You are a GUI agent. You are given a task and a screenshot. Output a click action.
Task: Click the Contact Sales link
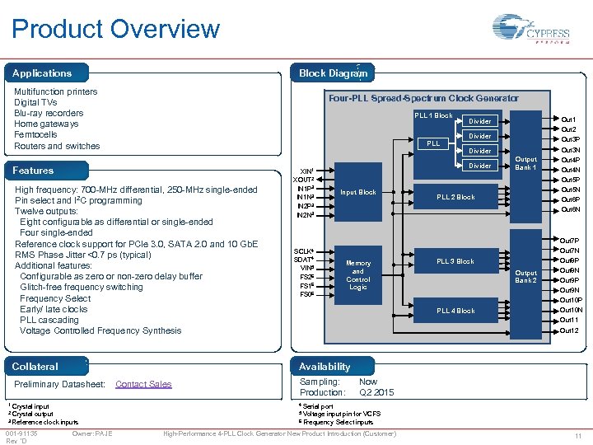coord(143,384)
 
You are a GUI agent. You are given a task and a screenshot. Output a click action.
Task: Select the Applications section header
coord(42,73)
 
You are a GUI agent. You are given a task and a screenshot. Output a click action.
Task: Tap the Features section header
coord(33,171)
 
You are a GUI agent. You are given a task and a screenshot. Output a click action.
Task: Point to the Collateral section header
coord(35,367)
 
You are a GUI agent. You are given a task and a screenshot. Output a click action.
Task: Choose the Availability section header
coord(325,367)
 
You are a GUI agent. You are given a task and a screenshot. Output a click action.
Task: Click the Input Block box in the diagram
coord(358,193)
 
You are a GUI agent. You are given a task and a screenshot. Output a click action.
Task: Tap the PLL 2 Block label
coord(455,197)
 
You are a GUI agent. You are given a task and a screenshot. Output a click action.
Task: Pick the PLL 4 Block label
coord(455,311)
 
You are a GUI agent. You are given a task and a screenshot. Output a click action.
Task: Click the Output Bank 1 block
coord(525,163)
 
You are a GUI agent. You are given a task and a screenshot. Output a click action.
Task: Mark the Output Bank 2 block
coord(525,276)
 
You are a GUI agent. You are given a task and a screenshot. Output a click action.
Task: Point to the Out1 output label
coord(568,119)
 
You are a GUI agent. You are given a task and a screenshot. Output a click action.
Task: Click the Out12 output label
coord(569,330)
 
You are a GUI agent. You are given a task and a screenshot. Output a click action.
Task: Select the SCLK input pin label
coord(305,251)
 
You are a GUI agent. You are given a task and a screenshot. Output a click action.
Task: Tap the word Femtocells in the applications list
coord(36,135)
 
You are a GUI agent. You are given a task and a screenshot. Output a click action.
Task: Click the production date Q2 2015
coord(376,392)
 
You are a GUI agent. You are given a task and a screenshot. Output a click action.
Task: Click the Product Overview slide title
coord(116,30)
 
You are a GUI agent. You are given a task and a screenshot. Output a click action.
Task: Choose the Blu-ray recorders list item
coord(49,114)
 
